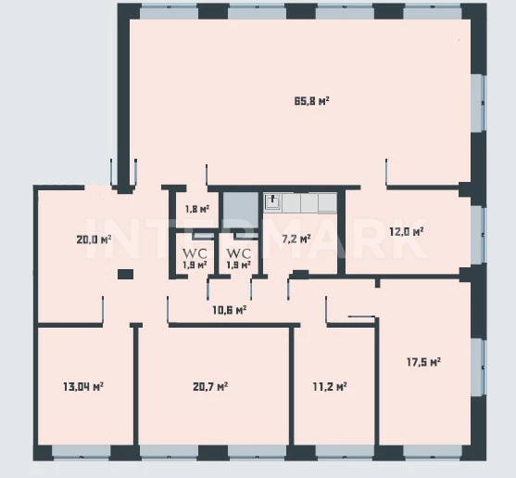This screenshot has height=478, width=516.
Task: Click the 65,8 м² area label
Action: (312, 101)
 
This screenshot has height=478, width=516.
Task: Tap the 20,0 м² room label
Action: (94, 239)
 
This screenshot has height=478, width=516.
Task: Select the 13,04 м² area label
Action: (83, 386)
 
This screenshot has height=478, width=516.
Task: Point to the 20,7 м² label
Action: (210, 386)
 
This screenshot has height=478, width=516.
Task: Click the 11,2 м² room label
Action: (330, 386)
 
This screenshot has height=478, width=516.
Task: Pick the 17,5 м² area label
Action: (424, 362)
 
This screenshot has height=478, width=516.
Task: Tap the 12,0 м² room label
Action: (407, 232)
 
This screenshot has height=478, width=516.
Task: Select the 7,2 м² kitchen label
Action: (296, 239)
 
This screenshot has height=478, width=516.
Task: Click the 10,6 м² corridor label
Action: (230, 310)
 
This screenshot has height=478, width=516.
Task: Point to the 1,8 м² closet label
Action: (197, 209)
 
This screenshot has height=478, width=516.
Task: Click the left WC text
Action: (195, 253)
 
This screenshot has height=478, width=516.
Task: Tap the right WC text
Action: (239, 253)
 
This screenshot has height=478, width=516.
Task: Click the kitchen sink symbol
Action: (272, 201)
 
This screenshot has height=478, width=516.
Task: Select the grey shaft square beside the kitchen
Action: (241, 210)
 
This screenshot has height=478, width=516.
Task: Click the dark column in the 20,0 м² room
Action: (125, 275)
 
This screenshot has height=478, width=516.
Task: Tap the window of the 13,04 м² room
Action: (82, 451)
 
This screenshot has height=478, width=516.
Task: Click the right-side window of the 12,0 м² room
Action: (478, 235)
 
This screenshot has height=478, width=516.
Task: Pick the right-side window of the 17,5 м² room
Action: (478, 367)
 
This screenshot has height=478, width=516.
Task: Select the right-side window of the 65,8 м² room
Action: (478, 104)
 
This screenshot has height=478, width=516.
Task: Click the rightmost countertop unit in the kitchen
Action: (327, 202)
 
